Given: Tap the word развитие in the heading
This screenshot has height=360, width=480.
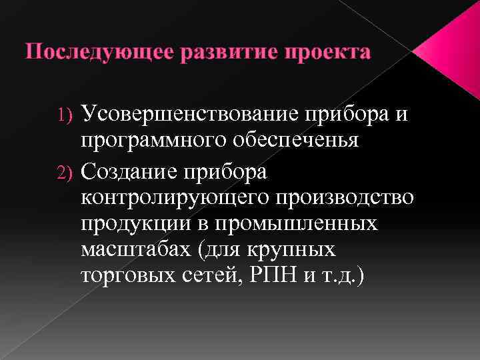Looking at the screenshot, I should point(223,53).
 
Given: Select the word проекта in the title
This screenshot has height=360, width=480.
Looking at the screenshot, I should point(329,53).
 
